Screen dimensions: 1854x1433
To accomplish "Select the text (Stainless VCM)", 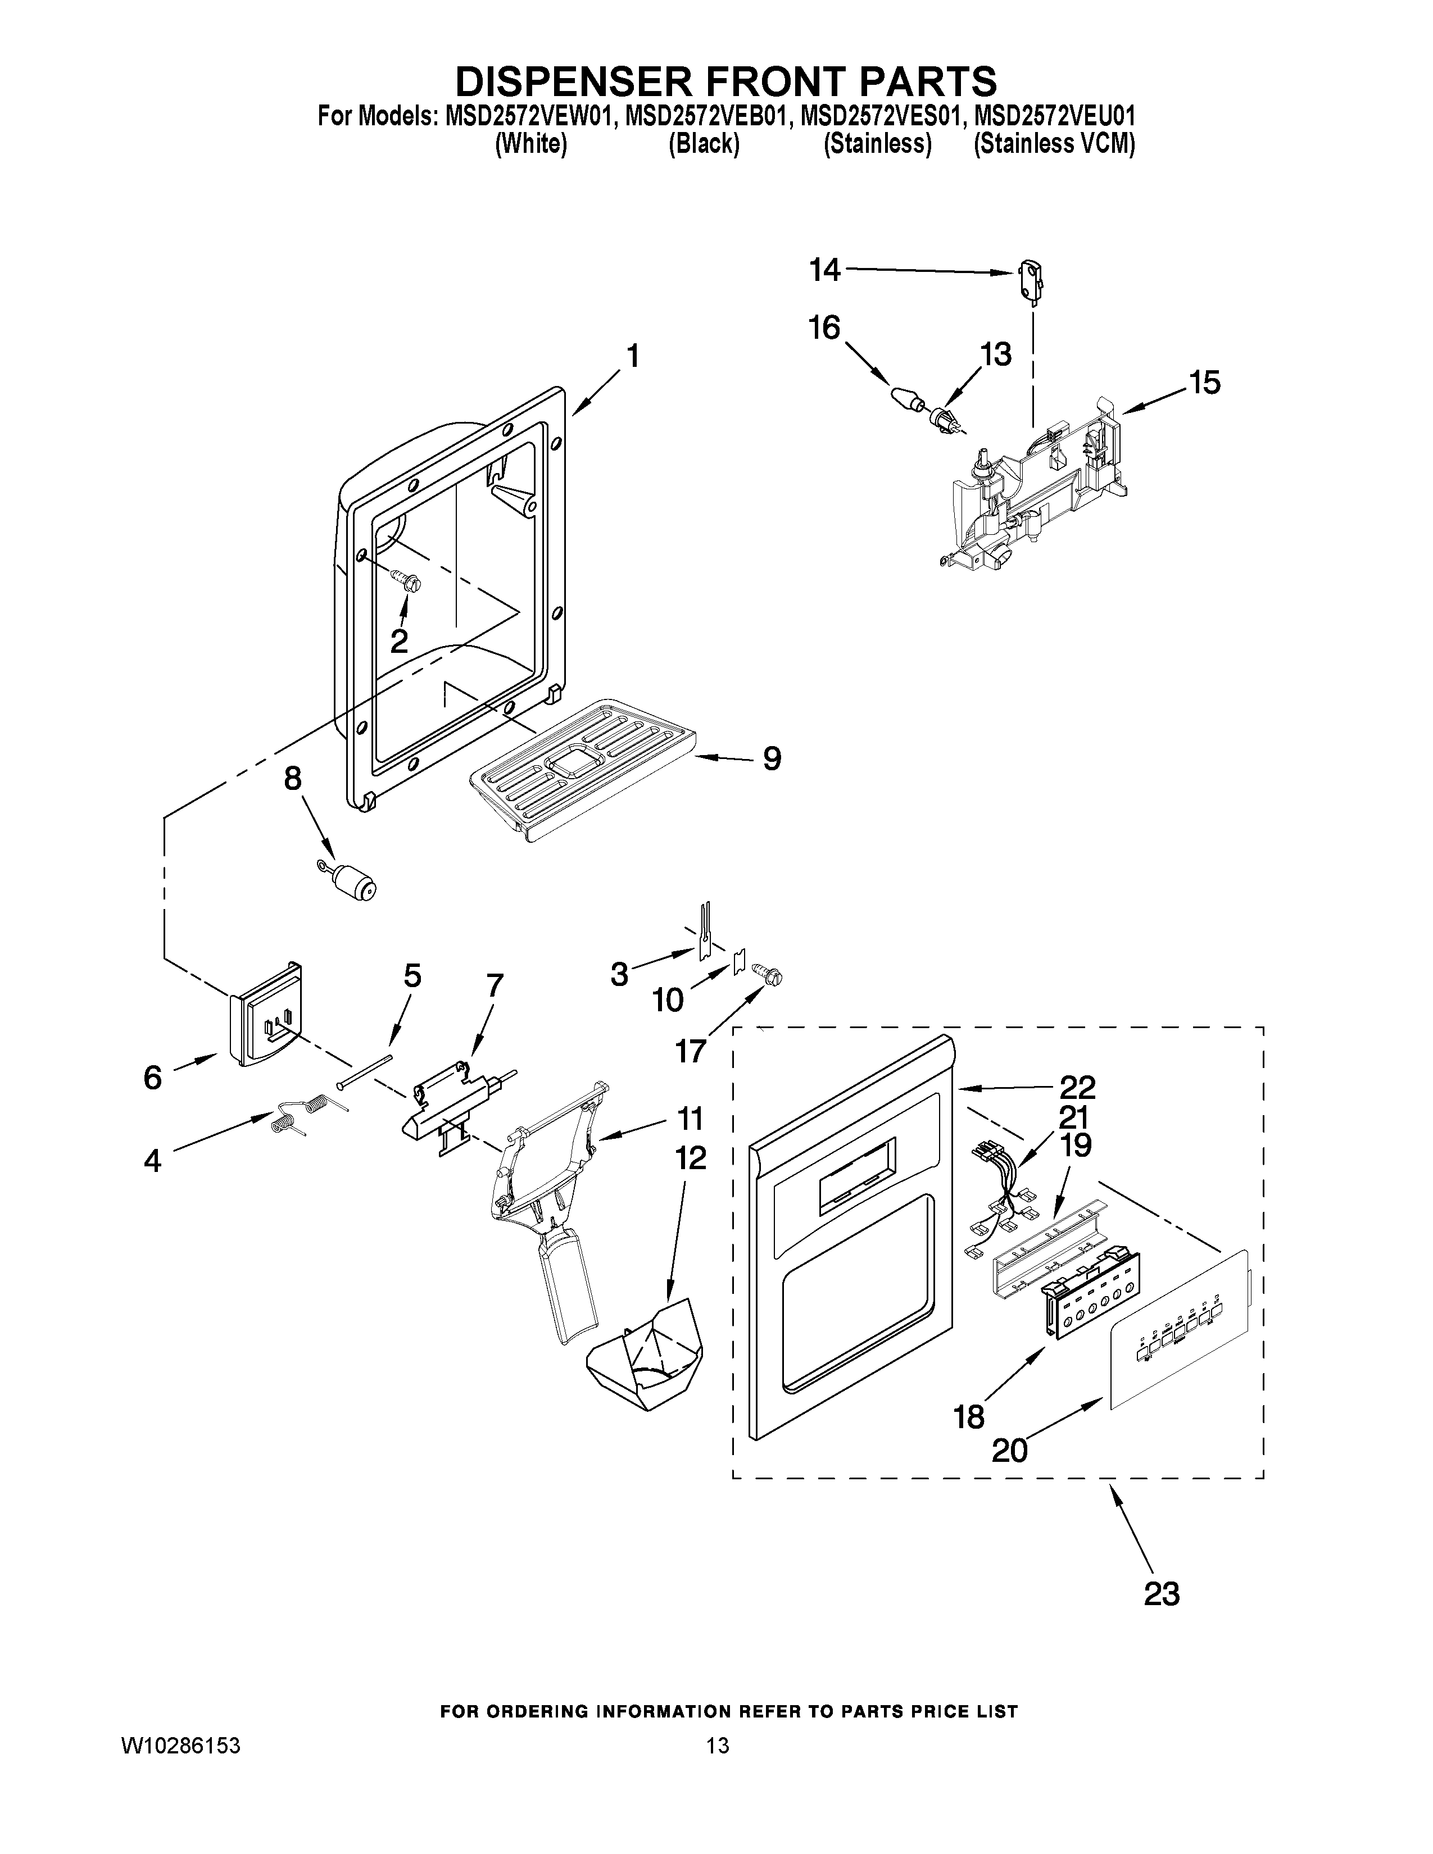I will pyautogui.click(x=1054, y=144).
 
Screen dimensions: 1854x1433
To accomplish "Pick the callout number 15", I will pyautogui.click(x=1204, y=383).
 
